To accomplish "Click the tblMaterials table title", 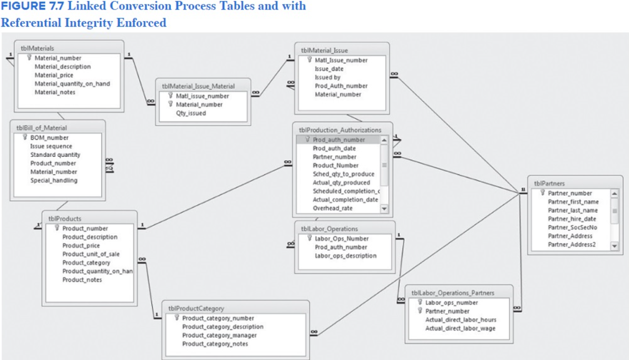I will coord(37,48).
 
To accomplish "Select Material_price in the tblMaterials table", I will coord(54,75).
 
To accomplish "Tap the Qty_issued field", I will coord(191,113).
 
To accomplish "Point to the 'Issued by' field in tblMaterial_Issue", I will coord(327,77).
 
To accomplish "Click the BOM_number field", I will coord(49,138).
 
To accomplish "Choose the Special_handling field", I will coord(54,181).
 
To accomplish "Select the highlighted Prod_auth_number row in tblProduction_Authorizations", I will coord(338,140).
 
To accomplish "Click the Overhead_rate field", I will coord(332,208).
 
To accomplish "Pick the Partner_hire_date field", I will coord(572,219).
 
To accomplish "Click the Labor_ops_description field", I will coord(345,256).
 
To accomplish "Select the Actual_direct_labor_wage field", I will coord(460,328).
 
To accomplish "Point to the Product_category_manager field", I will coord(219,335).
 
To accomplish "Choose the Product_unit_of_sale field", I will coord(91,254).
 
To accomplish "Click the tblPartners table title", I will coord(549,184).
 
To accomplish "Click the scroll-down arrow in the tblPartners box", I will coord(614,246).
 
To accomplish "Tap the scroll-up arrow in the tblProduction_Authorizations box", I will coord(384,140).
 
